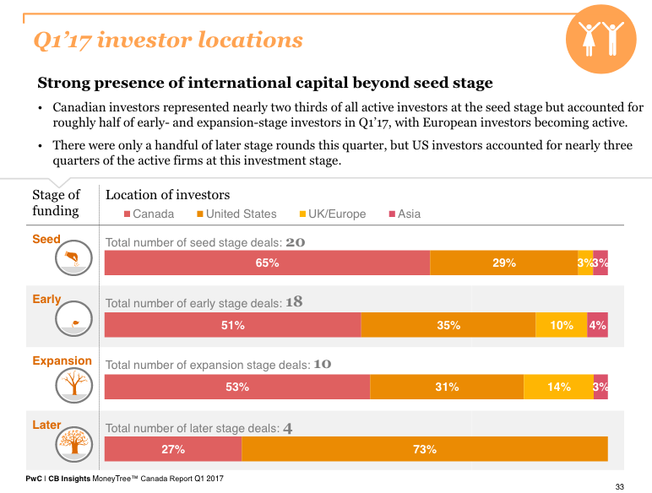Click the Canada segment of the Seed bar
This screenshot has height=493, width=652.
267,263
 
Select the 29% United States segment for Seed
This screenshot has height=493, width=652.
503,263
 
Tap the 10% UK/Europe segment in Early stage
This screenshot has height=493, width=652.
561,325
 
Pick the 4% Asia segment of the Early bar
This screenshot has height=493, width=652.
597,325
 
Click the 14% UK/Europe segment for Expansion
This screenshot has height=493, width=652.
558,387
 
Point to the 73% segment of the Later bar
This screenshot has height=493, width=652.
425,449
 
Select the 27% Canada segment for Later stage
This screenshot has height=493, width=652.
173,449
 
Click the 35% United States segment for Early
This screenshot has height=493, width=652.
448,325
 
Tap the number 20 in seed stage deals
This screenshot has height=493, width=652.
295,242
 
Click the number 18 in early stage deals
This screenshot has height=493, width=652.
294,301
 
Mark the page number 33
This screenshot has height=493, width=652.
619,486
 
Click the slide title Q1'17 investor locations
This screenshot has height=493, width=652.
166,40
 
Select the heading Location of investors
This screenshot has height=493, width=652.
167,195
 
